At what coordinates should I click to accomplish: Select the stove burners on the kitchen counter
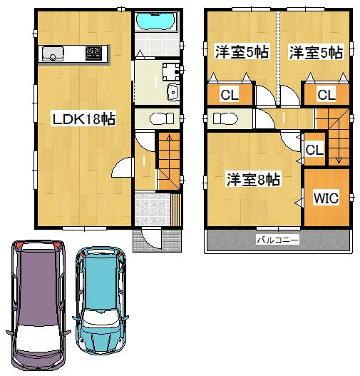click(94, 53)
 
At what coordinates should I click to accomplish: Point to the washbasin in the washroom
click(172, 92)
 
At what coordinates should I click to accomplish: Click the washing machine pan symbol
click(170, 70)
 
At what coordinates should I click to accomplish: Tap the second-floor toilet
click(227, 118)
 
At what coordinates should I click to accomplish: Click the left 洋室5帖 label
click(242, 52)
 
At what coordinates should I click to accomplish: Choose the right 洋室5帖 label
click(316, 52)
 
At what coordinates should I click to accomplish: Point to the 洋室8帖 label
click(253, 179)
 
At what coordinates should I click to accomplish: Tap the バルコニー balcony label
click(277, 240)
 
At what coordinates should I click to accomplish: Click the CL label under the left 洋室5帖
click(230, 94)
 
